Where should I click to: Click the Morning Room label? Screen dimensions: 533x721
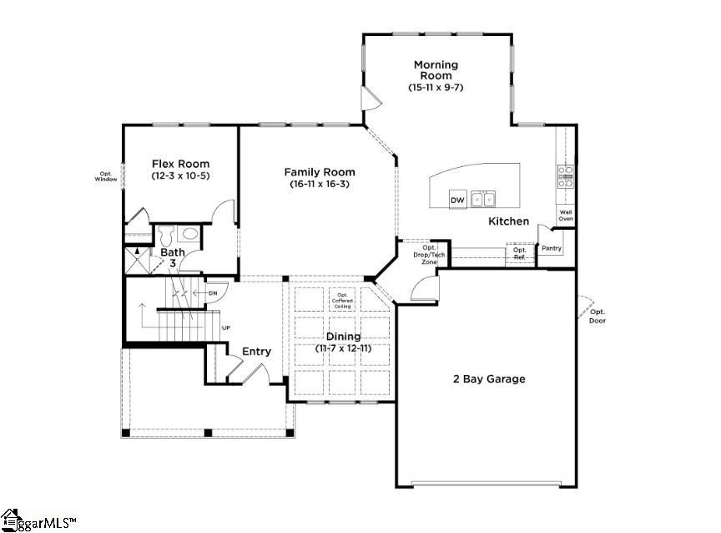[436, 70]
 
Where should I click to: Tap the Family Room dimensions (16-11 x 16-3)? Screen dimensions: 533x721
[320, 184]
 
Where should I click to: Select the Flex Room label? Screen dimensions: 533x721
[180, 164]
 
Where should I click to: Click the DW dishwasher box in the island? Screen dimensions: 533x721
[456, 201]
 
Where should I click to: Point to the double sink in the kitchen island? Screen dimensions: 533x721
[482, 200]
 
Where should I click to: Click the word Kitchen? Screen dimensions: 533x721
[508, 221]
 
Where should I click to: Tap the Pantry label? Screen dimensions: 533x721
[551, 248]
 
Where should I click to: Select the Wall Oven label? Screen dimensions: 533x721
[566, 216]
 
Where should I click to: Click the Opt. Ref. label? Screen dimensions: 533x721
[520, 253]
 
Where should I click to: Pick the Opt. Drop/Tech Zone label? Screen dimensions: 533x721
[429, 255]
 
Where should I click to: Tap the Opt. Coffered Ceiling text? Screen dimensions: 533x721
[342, 301]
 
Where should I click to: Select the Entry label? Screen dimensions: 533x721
[256, 352]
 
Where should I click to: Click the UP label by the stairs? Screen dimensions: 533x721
[226, 328]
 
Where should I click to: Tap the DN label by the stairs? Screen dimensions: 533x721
[213, 292]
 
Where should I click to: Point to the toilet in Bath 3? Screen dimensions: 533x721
[165, 234]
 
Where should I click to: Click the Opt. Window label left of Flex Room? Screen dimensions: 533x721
[106, 176]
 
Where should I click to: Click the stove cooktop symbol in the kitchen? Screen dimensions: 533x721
[566, 174]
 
